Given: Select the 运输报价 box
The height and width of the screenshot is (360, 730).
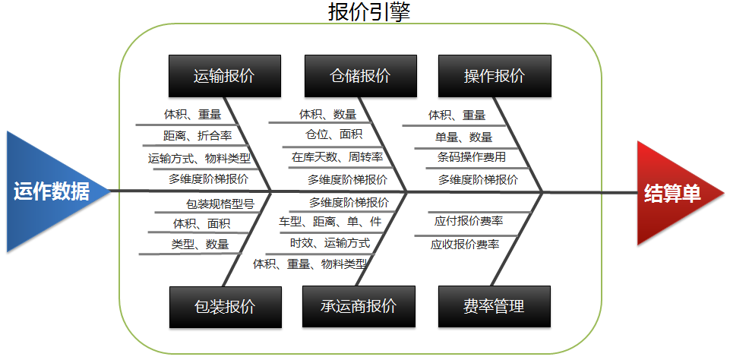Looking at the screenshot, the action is point(225,76).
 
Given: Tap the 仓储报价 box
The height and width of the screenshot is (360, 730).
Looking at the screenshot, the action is point(361,76).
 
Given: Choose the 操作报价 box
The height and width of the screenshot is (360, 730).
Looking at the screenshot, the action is point(495,76).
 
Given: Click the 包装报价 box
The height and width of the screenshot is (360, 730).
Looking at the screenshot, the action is point(226,307).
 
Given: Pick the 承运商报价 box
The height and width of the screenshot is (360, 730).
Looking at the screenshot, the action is point(359,306).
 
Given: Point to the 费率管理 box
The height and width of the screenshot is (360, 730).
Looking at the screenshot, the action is point(495,306).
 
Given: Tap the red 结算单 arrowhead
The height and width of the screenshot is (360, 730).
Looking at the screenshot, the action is point(675,193).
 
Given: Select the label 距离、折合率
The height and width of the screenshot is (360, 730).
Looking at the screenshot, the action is point(198,136).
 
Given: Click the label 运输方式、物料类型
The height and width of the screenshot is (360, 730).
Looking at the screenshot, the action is point(199,158).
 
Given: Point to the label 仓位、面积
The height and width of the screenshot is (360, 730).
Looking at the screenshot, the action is point(333,134).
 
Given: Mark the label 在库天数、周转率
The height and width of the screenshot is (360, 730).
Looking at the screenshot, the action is point(337,157).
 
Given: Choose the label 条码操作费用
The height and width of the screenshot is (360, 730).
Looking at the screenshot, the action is point(472,157).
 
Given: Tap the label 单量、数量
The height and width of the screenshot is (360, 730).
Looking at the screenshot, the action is point(463,137).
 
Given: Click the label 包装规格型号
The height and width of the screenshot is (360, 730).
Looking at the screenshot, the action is point(220,204).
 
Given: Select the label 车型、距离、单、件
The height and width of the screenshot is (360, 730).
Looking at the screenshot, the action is point(330,222).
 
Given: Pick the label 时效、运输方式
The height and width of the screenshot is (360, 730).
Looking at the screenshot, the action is point(330,242).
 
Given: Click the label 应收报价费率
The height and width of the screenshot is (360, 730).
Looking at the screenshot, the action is point(465,245).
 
